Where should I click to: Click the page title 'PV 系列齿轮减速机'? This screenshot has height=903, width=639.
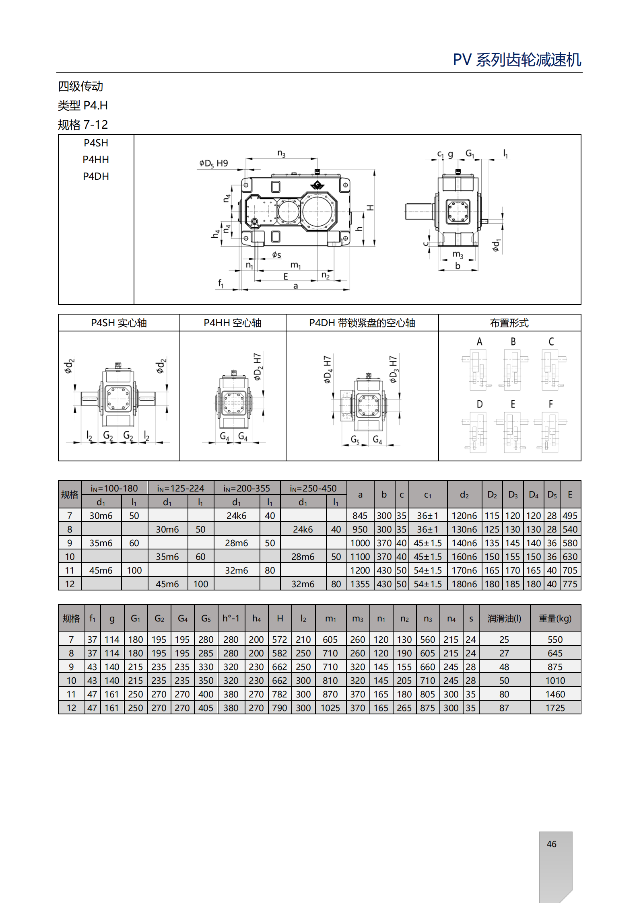click(517, 60)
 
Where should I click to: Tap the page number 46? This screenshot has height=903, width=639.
click(551, 844)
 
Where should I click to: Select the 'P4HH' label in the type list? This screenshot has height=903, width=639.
click(96, 159)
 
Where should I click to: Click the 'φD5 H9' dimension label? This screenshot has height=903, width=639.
click(213, 163)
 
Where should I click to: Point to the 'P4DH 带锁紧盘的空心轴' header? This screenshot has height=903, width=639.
click(362, 323)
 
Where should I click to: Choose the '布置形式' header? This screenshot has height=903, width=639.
click(509, 323)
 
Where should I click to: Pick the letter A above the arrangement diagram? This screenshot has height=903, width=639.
click(479, 341)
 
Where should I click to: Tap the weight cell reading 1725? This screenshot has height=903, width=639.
click(555, 708)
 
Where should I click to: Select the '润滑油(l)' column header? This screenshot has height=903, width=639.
click(504, 618)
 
